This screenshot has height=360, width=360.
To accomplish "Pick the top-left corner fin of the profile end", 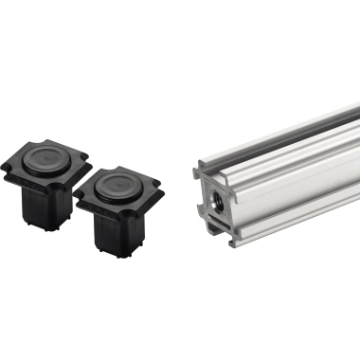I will [200, 169].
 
